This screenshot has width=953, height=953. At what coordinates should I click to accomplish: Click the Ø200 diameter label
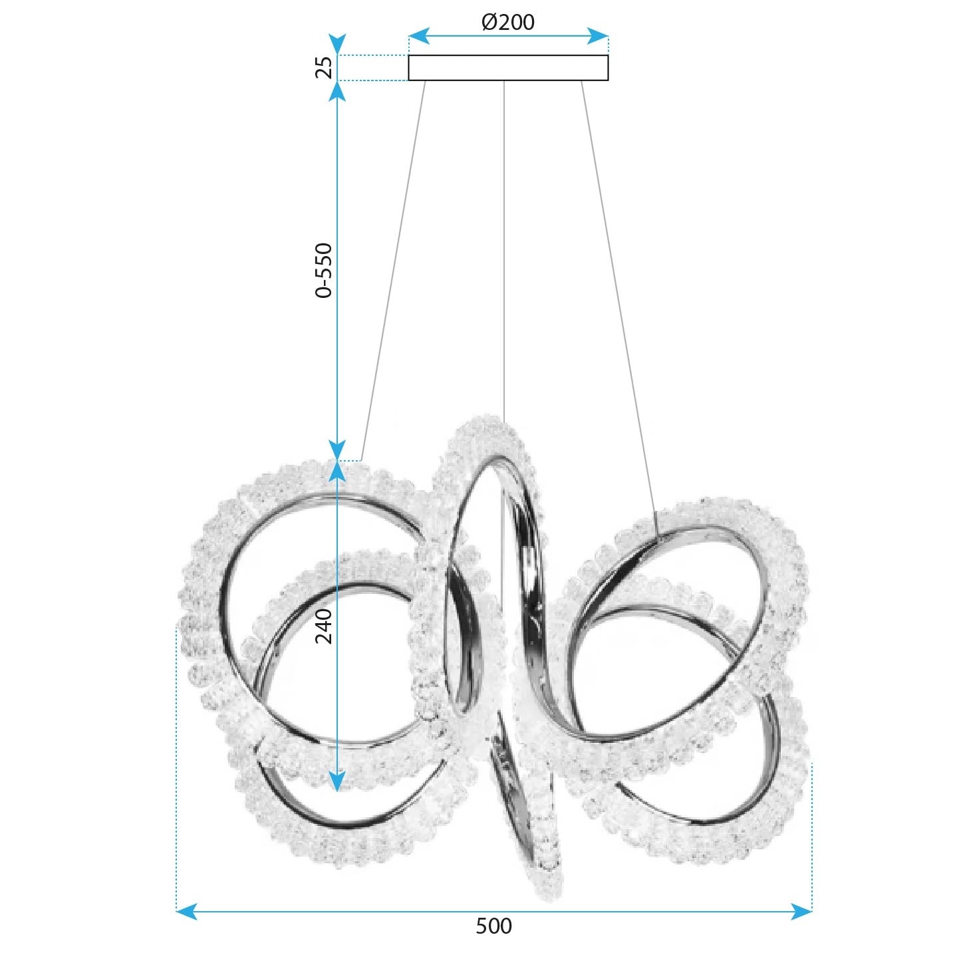[507, 22]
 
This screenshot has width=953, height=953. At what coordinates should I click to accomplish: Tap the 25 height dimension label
[323, 67]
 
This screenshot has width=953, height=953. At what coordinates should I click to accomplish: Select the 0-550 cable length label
[323, 270]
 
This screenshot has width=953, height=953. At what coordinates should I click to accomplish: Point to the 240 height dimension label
[323, 626]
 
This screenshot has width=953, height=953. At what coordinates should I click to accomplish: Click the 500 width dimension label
[493, 926]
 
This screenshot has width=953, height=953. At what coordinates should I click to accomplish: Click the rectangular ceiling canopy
[508, 68]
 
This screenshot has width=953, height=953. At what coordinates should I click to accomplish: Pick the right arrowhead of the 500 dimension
[803, 911]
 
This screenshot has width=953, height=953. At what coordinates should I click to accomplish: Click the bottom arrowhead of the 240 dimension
[338, 781]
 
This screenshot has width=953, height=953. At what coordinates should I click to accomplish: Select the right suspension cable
[618, 299]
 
